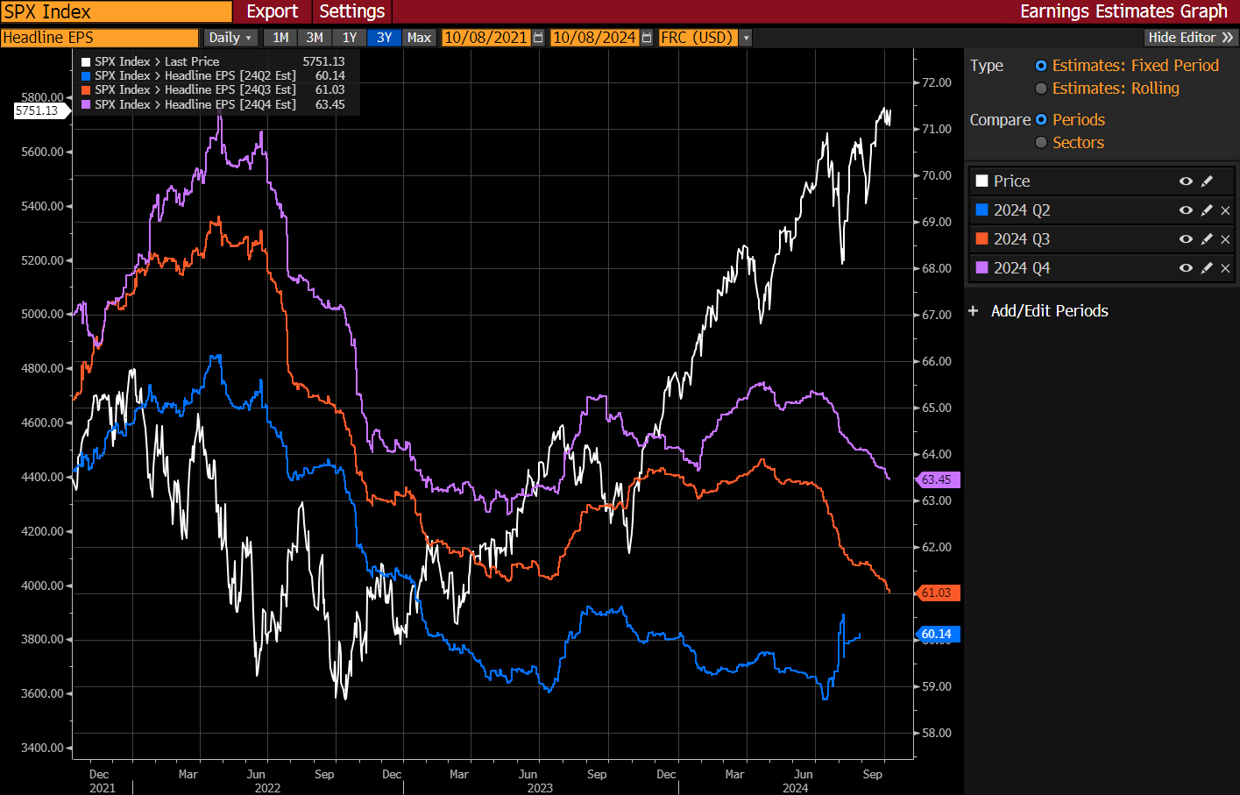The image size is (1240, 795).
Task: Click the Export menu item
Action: pyautogui.click(x=272, y=11)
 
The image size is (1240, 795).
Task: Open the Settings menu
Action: pyautogui.click(x=351, y=11)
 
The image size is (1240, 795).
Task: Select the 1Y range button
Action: pyautogui.click(x=350, y=38)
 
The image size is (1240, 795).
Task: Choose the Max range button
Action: pyautogui.click(x=419, y=38)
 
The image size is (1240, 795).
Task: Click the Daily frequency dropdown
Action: pyautogui.click(x=230, y=38)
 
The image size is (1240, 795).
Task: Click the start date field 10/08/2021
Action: pyautogui.click(x=485, y=38)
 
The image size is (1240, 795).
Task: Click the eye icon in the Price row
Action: pyautogui.click(x=1186, y=181)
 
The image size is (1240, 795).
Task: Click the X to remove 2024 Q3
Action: pyautogui.click(x=1225, y=239)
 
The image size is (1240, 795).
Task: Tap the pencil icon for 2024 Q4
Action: pyautogui.click(x=1207, y=268)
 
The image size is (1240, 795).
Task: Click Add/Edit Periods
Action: pyautogui.click(x=1049, y=311)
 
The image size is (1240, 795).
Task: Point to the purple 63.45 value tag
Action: pyautogui.click(x=937, y=479)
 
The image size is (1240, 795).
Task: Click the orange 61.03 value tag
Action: pyautogui.click(x=937, y=593)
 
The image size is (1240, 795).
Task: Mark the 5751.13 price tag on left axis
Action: pyautogui.click(x=37, y=110)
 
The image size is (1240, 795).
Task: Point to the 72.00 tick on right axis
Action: pyautogui.click(x=936, y=82)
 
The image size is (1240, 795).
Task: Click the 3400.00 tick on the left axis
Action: pyautogui.click(x=42, y=748)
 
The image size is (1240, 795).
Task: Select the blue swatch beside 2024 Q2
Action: pyautogui.click(x=982, y=210)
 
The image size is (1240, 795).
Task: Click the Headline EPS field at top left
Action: pyautogui.click(x=99, y=38)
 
